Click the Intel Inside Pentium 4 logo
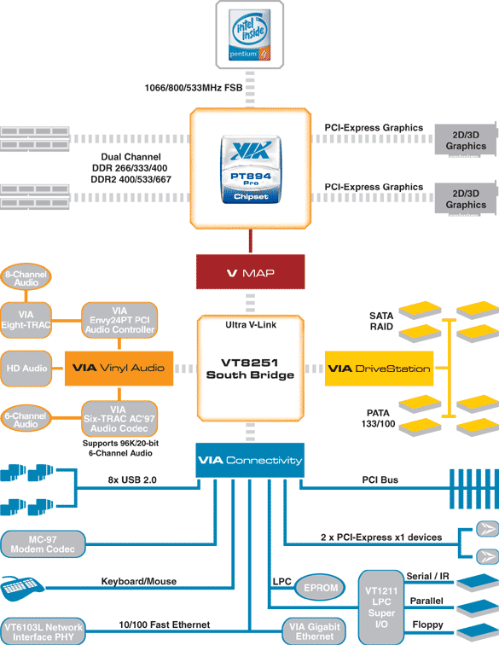click(250, 34)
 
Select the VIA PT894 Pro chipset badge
click(251, 170)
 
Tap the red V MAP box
click(250, 272)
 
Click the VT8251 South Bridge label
click(250, 369)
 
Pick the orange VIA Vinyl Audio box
click(119, 369)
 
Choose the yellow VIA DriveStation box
click(379, 369)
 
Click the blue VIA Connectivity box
click(250, 460)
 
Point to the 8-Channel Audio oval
click(26, 278)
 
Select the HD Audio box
click(26, 369)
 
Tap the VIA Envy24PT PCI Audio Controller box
click(119, 320)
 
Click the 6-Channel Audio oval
click(26, 419)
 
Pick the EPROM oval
click(320, 588)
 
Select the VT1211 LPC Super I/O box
click(381, 607)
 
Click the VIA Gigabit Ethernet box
click(314, 631)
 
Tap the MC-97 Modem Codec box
click(43, 544)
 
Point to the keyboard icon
click(22, 588)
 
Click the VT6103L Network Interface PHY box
click(44, 631)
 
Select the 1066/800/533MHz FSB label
click(194, 88)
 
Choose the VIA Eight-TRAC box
click(26, 320)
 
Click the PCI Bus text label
click(380, 479)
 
